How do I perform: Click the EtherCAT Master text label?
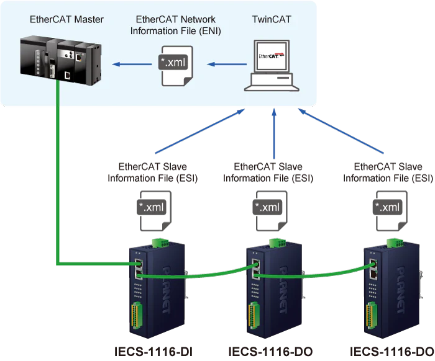tap(66, 19)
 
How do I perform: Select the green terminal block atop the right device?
tap(391, 243)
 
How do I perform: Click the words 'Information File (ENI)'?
tap(176, 30)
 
